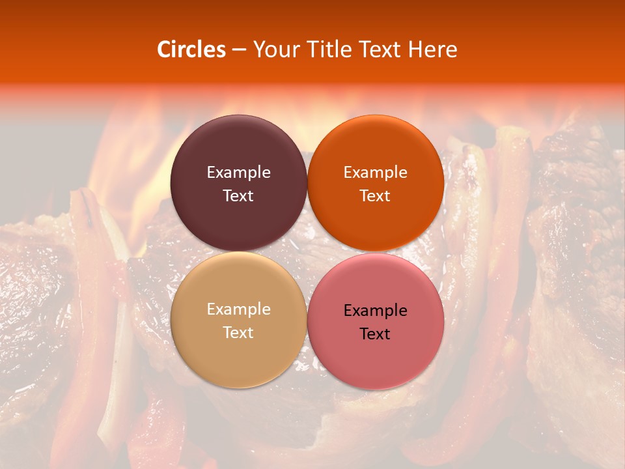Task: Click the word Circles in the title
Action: tap(191, 50)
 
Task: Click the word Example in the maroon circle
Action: tap(238, 172)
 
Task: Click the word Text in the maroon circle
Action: tap(238, 195)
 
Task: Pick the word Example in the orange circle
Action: tap(375, 172)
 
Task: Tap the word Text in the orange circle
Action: tap(375, 195)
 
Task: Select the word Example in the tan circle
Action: tap(238, 309)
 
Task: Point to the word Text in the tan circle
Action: tap(238, 332)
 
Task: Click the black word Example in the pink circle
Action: tap(375, 310)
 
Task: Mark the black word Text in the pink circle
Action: tap(375, 334)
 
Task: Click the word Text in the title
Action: tap(385, 50)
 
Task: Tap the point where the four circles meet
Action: tap(307, 251)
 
